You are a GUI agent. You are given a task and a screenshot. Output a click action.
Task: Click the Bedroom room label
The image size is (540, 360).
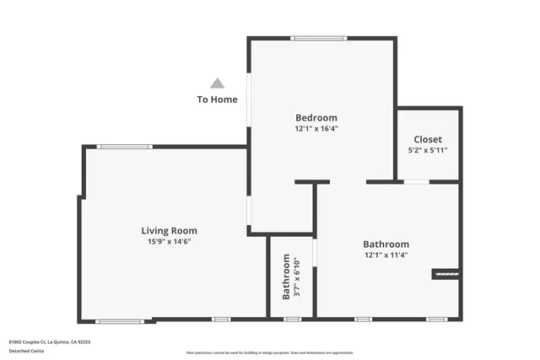(316, 117)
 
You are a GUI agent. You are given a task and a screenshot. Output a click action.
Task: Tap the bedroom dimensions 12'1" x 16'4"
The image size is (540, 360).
(316, 129)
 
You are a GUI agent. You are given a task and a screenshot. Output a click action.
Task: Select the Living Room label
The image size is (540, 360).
(169, 230)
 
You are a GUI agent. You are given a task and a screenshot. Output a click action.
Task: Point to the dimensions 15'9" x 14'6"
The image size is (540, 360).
(169, 242)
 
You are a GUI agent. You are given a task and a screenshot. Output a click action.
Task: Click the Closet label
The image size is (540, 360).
(427, 139)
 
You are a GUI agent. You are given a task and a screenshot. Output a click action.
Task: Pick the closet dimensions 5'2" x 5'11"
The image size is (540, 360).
(427, 151)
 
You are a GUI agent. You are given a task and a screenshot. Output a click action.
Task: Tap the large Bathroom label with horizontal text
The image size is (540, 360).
(386, 244)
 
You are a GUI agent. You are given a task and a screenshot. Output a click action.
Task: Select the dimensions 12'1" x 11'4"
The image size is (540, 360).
(386, 255)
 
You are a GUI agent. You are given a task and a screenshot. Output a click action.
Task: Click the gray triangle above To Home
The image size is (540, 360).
(217, 83)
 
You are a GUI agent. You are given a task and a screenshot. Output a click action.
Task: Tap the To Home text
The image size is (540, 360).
(217, 99)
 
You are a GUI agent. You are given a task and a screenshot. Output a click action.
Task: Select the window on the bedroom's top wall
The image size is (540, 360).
(319, 38)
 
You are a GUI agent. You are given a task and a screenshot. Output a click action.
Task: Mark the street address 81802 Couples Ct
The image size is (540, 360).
(50, 342)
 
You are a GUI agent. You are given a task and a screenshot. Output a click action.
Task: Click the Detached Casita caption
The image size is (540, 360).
(27, 351)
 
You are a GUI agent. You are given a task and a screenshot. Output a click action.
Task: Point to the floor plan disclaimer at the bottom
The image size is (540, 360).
(269, 353)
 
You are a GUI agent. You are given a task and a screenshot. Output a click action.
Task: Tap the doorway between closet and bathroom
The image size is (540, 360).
(416, 182)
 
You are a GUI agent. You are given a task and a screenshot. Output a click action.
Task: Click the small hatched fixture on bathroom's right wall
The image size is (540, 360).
(445, 274)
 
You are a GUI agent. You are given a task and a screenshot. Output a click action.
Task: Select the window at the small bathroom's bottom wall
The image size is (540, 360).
(292, 320)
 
